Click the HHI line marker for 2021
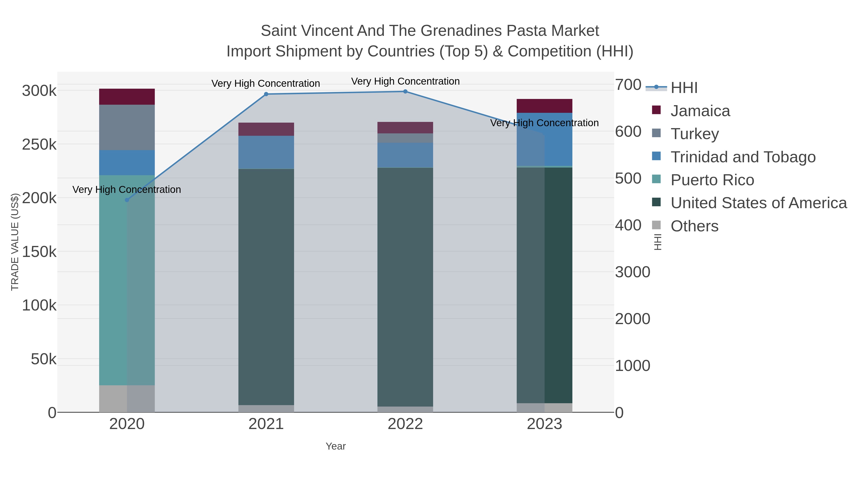266,94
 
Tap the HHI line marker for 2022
405,92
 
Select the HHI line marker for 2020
127,200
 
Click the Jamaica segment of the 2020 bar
127,97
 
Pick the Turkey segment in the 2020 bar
127,128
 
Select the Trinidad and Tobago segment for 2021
266,152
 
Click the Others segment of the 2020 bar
127,399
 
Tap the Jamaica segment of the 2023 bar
544,106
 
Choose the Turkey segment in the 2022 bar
405,138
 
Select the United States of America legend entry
758,203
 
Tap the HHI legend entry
684,88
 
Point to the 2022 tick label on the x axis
405,424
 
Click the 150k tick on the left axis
39,252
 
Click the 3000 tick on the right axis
632,272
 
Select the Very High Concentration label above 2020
127,190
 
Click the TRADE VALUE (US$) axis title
15,242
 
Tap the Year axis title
336,446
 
